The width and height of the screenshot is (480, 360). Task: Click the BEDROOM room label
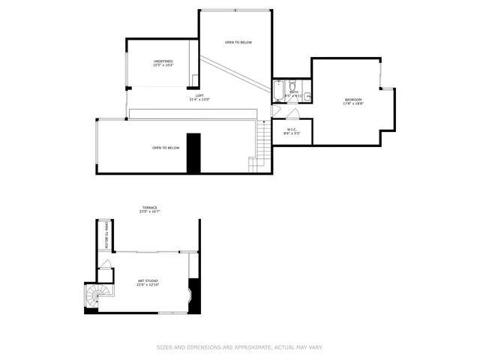point(353,100)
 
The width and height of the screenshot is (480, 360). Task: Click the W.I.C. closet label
point(292,129)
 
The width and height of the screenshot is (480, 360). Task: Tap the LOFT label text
point(199,95)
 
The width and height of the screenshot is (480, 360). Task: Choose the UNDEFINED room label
point(163,61)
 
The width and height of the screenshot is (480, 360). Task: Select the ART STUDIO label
point(147,280)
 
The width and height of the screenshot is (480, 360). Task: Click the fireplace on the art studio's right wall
point(194,295)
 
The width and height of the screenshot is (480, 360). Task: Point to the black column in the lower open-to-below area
point(194,154)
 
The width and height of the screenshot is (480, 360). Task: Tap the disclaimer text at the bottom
point(239,347)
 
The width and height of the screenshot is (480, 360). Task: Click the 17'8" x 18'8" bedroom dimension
point(353,103)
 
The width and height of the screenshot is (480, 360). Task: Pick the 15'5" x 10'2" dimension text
point(163,65)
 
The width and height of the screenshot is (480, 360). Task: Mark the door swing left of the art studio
point(106,264)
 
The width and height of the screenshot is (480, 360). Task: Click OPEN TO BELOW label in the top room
point(238,43)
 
